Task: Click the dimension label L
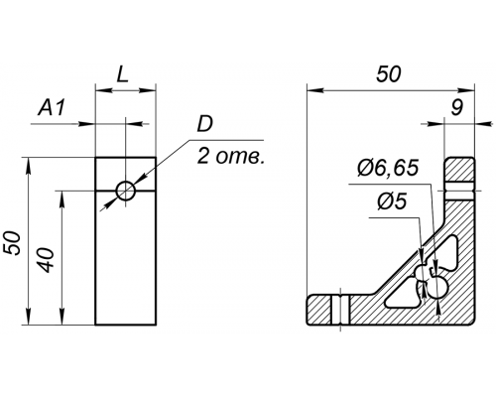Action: tap(122, 75)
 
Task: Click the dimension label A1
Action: tap(52, 107)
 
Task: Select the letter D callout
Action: tap(205, 124)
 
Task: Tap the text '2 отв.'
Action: tap(231, 157)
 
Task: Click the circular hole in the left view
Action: tap(126, 191)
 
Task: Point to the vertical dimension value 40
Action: tap(47, 260)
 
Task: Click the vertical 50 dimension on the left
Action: tap(13, 243)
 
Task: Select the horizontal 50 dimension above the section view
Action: tap(389, 74)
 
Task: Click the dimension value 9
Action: tap(456, 107)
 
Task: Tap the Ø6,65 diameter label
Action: tap(388, 168)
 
